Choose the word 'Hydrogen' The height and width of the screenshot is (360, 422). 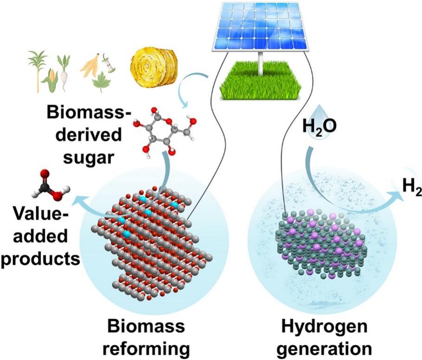(x=320, y=328)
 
